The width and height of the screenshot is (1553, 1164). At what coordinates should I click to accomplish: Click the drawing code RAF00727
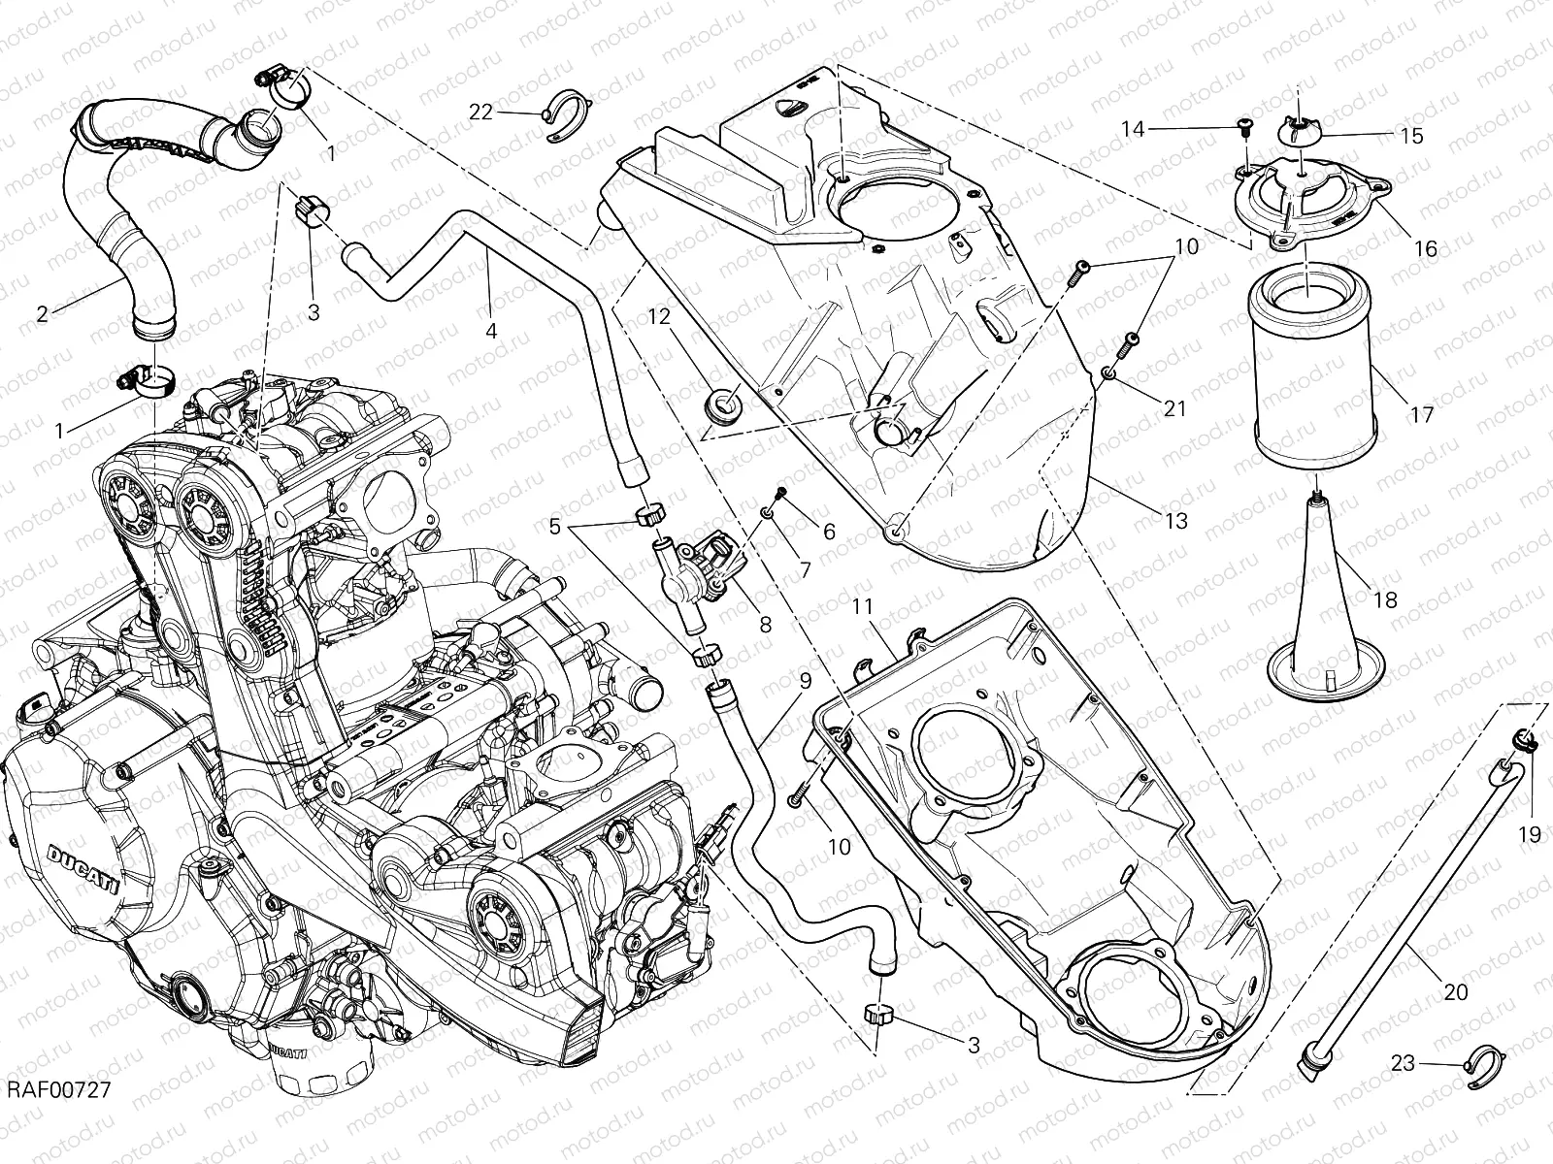coord(55,1117)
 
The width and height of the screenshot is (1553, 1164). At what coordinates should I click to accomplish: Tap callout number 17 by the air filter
coord(1422,415)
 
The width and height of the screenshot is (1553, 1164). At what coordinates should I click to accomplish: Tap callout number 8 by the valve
coord(765,626)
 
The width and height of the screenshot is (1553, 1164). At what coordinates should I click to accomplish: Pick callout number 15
coord(1412,136)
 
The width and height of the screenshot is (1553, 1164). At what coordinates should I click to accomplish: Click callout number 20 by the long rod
coord(1456,992)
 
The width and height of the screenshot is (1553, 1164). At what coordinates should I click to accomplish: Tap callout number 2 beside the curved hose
coord(43,313)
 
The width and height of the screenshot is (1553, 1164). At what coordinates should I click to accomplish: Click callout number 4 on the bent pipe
coord(491,331)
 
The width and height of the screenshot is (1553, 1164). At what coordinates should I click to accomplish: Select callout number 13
coord(1175,521)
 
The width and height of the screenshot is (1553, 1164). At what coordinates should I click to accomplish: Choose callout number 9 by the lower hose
coord(805,682)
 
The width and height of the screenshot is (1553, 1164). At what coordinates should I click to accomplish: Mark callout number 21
coord(1175,408)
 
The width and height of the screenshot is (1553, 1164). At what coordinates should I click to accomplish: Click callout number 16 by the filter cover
coord(1425,248)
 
